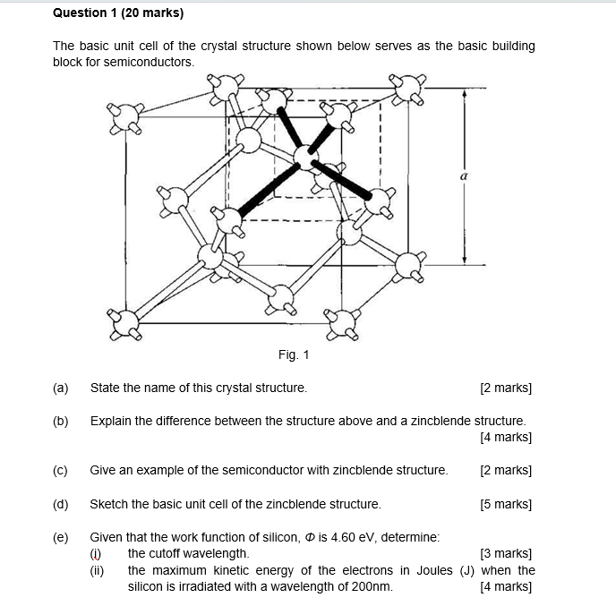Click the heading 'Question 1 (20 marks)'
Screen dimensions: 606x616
point(118,13)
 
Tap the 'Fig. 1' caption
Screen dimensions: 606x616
point(294,355)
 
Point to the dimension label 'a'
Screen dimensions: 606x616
point(463,177)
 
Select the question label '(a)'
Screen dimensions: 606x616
point(61,388)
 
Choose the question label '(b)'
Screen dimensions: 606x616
point(61,421)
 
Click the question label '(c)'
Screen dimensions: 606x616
point(61,470)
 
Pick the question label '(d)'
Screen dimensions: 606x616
point(61,504)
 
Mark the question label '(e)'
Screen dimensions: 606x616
point(61,537)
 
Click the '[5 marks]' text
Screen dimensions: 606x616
point(506,504)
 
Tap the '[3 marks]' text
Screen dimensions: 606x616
point(506,554)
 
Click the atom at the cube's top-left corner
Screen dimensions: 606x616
point(126,115)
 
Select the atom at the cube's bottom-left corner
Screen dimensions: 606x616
point(126,322)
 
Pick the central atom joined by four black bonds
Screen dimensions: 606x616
point(305,159)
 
